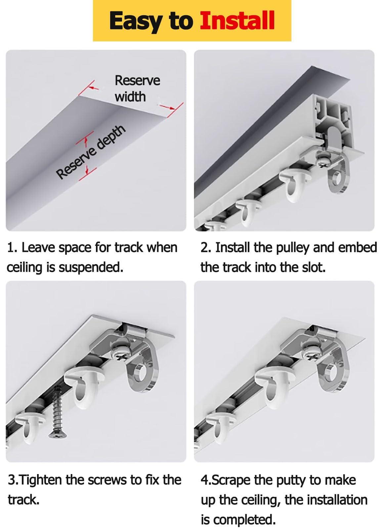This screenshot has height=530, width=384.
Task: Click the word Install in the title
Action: click(237, 21)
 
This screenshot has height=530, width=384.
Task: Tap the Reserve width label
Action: click(137, 88)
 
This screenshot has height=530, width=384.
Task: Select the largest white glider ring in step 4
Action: click(273, 387)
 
